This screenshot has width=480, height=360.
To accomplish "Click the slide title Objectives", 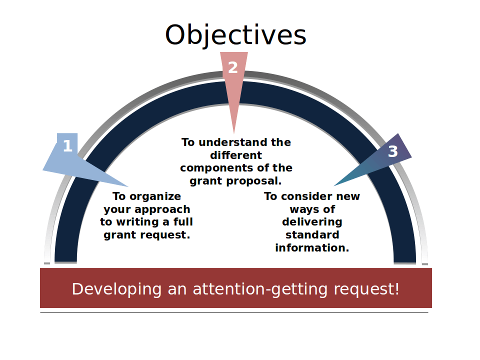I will [235, 35].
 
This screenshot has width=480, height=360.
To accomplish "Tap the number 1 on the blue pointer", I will [67, 146].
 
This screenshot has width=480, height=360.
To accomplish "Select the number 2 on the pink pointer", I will [233, 67].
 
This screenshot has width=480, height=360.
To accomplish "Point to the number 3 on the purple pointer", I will [393, 151].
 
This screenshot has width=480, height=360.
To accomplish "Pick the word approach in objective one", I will [165, 209].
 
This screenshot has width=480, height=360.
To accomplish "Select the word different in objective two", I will [236, 155].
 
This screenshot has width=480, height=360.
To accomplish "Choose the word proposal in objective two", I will [257, 180].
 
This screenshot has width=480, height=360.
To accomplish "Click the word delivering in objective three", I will [312, 222].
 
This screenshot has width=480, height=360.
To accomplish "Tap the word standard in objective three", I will [312, 235].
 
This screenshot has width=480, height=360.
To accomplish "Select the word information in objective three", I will [312, 247].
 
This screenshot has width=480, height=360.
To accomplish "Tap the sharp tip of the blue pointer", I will [128, 187].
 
